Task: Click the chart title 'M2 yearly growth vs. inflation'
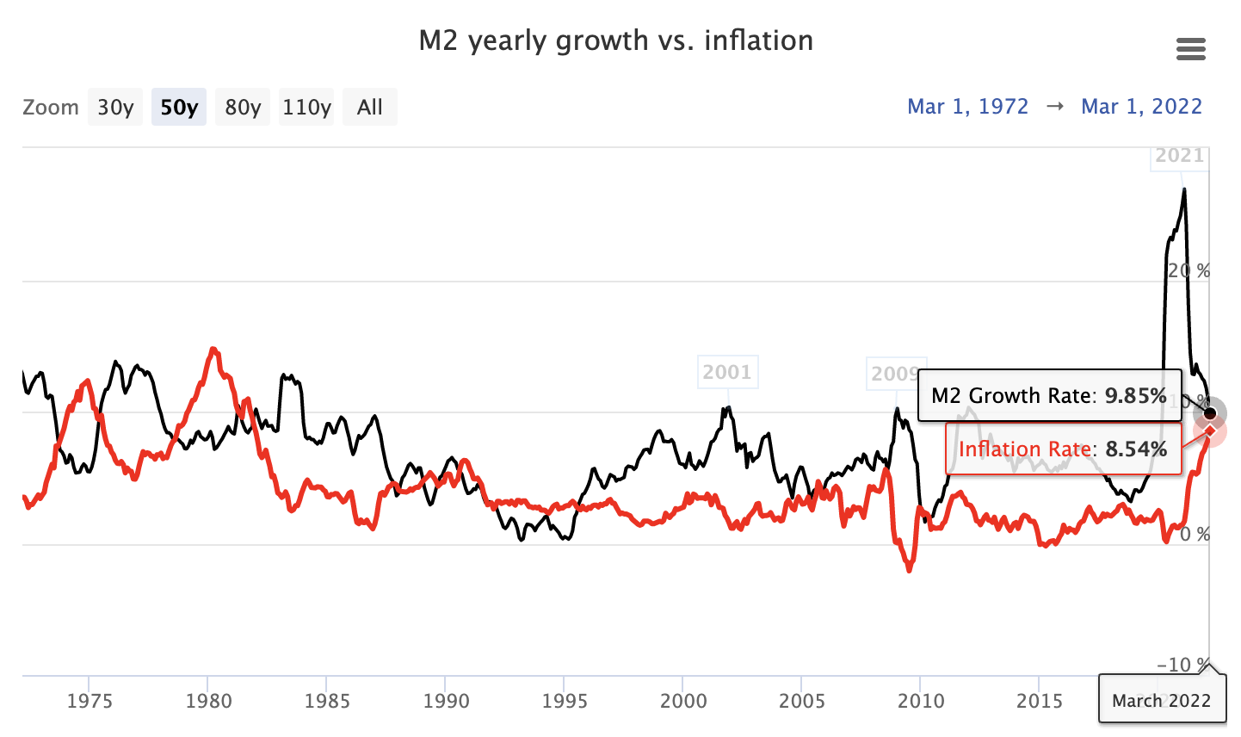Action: pyautogui.click(x=615, y=40)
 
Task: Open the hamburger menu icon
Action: pyautogui.click(x=1190, y=49)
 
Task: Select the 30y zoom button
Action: pyautogui.click(x=115, y=108)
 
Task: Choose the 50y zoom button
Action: pyautogui.click(x=179, y=108)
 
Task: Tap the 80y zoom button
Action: pyautogui.click(x=243, y=108)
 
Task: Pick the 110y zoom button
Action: pyautogui.click(x=306, y=108)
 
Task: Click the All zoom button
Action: pyautogui.click(x=370, y=108)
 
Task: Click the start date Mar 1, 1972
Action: pyautogui.click(x=968, y=107)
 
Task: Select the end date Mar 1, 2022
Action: pyautogui.click(x=1141, y=107)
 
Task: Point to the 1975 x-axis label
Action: pyautogui.click(x=90, y=701)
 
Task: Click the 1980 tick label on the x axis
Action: pyautogui.click(x=208, y=701)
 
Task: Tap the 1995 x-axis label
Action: pyautogui.click(x=565, y=701)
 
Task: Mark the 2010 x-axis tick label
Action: pyautogui.click(x=921, y=701)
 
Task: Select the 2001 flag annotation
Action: pyautogui.click(x=727, y=372)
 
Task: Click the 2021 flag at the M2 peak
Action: pyautogui.click(x=1179, y=156)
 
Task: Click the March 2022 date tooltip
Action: pyautogui.click(x=1161, y=701)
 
